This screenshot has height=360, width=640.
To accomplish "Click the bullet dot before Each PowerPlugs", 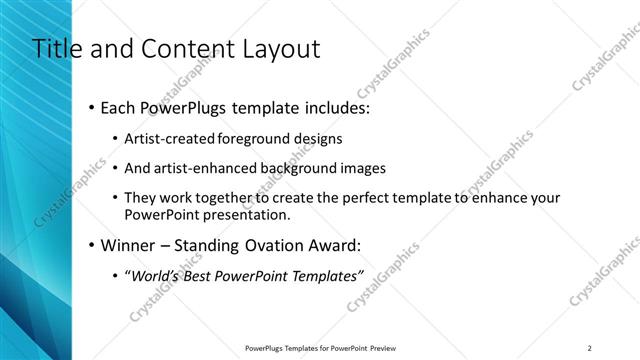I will point(92,106).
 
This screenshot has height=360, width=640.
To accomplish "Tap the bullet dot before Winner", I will point(92,246).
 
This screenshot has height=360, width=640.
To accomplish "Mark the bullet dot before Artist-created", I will point(115,140).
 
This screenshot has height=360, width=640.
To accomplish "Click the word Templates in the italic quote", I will point(324,276).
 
